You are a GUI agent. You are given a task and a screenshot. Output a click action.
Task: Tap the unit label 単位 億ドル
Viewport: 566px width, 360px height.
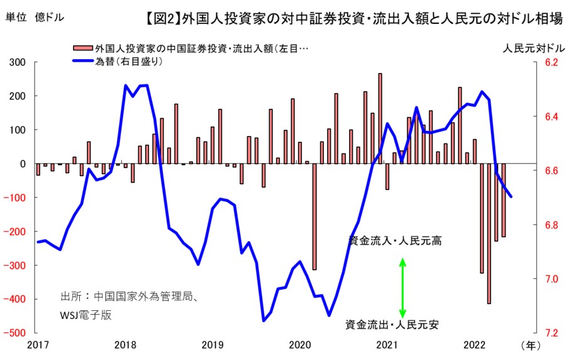[35, 18]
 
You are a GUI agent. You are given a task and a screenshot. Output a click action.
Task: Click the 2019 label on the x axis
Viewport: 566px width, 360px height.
[213, 344]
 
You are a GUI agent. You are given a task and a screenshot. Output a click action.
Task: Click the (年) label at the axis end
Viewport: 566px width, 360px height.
[530, 344]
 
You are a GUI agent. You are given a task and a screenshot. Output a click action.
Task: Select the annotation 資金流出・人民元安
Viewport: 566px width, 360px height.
[392, 325]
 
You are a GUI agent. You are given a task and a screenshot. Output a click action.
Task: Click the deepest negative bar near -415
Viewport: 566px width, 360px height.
[489, 233]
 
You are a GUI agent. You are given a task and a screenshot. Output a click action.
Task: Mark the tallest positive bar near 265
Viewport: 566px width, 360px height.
[380, 118]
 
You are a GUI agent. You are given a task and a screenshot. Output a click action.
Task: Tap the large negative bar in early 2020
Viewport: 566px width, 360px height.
[314, 216]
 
